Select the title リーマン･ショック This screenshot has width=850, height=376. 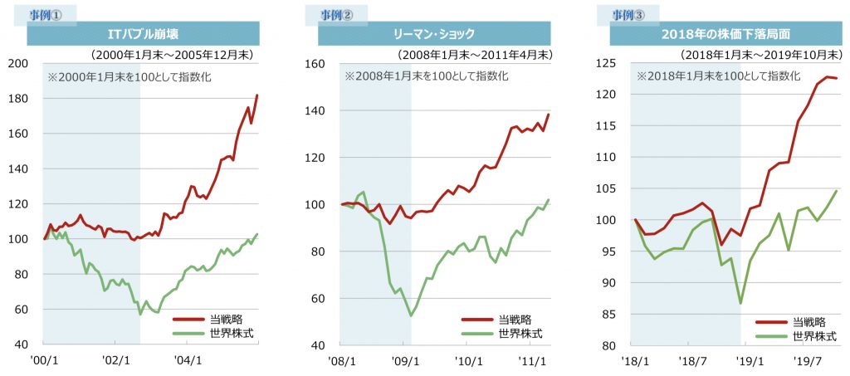434,35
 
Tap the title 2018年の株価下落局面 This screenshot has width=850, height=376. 726,35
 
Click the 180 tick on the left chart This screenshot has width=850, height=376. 17,99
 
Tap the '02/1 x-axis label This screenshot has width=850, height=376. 116,361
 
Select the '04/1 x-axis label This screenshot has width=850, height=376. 188,361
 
